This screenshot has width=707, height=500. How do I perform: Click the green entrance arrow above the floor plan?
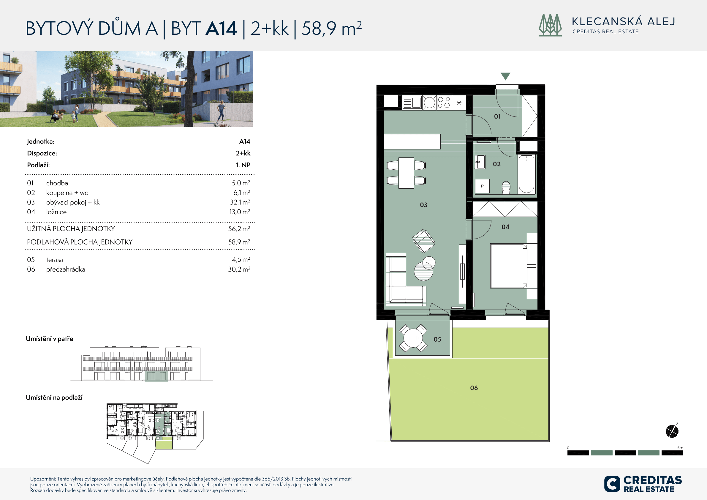point(505,76)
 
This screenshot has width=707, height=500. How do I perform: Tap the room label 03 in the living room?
point(423,205)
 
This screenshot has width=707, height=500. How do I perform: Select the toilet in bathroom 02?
point(506,187)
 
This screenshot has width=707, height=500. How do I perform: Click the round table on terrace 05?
point(413,338)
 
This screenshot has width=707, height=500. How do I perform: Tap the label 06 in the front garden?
point(474,388)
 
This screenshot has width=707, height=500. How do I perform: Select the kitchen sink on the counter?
point(412,102)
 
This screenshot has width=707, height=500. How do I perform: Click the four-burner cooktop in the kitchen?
point(444,102)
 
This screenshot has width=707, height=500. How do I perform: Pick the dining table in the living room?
point(406,173)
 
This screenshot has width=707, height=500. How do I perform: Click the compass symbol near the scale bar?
point(672,431)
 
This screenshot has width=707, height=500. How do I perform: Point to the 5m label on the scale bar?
point(680,448)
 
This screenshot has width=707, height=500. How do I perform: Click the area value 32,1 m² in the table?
point(240,202)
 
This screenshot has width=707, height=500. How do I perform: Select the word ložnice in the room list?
point(56,212)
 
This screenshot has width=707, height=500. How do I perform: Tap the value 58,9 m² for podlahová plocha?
point(239,242)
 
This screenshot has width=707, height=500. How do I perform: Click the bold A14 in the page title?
point(221,28)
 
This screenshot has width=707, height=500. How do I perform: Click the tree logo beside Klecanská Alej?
point(550,25)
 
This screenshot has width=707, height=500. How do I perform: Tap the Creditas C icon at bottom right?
point(612,484)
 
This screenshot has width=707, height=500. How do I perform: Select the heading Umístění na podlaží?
point(54,398)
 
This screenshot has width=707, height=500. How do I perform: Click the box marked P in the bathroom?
point(482,186)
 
